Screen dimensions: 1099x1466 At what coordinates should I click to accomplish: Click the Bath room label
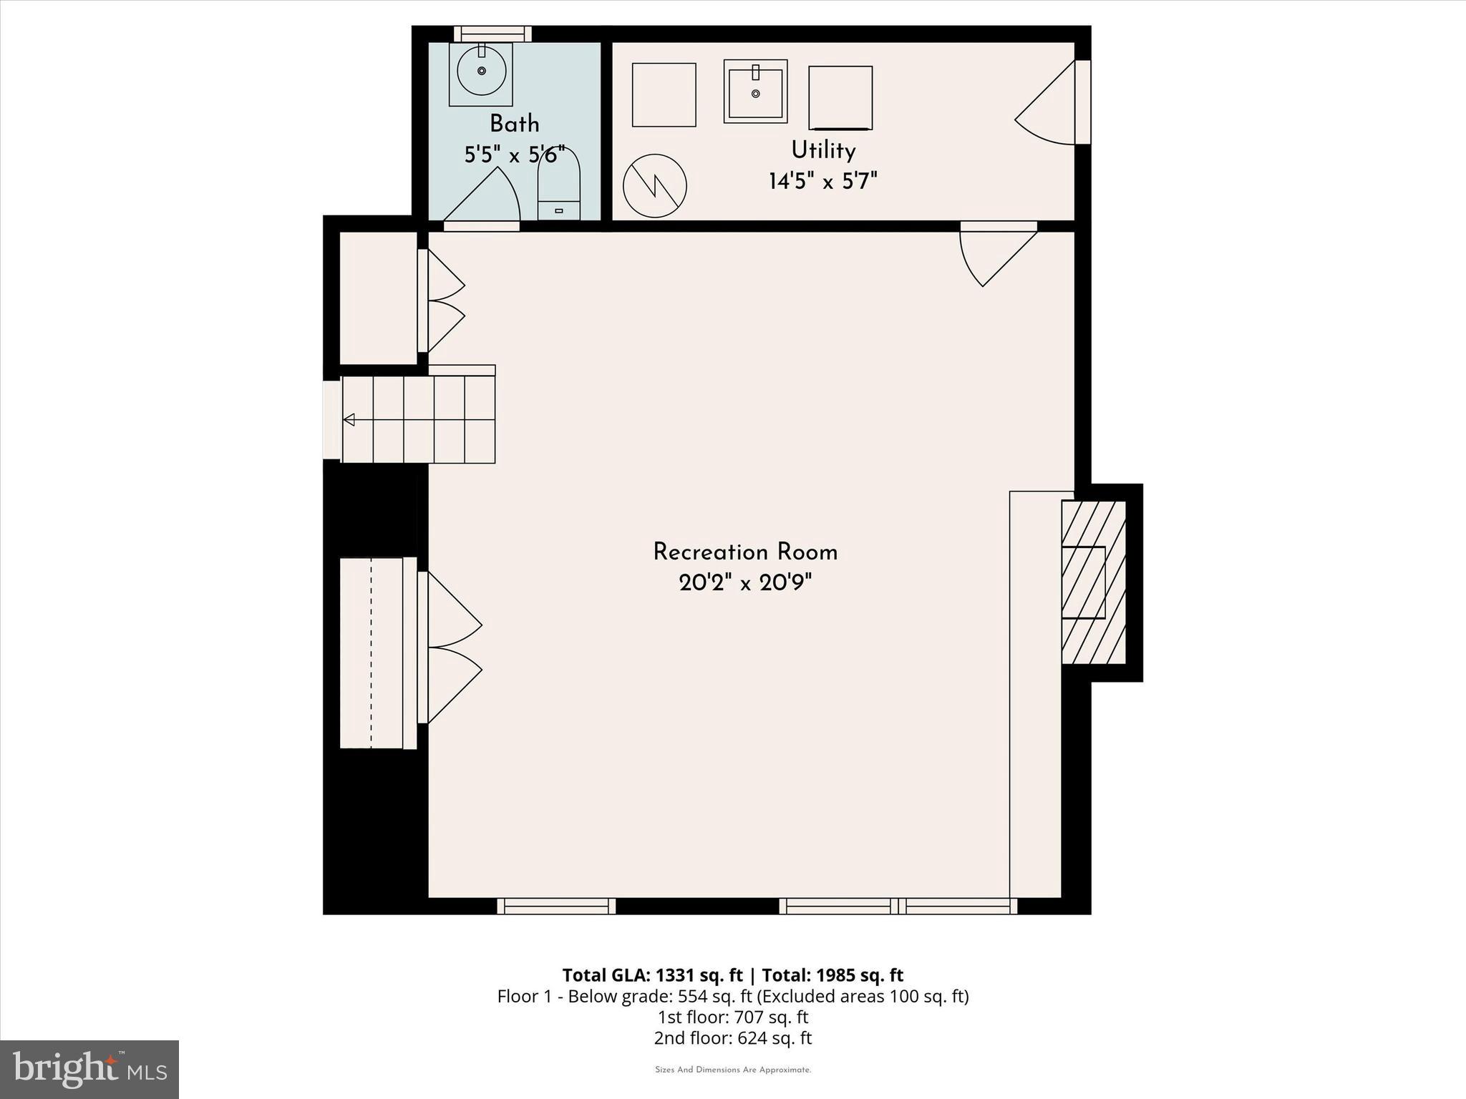514,124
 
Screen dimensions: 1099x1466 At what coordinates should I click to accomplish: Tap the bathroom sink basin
481,70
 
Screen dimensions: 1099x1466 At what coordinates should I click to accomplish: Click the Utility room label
823,150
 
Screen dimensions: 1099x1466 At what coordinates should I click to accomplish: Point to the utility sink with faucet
755,92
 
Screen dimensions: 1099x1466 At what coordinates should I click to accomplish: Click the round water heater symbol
655,186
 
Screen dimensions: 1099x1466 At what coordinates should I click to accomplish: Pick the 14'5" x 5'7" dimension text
823,181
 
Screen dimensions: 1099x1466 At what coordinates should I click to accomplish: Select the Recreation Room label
745,552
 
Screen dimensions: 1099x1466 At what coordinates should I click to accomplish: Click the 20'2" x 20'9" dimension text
745,584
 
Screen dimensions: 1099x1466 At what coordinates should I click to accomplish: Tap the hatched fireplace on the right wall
1093,582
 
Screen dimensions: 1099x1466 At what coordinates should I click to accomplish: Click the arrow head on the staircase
349,420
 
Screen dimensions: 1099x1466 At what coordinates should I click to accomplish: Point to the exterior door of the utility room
1049,104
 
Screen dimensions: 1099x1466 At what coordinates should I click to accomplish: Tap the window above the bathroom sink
493,34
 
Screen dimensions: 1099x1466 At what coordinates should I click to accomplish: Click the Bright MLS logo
89,1069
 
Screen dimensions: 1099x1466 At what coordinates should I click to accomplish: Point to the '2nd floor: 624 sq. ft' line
732,1038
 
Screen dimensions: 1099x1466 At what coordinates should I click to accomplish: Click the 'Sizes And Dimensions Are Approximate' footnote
732,1070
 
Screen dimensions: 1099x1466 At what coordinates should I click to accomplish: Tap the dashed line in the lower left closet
371,653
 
